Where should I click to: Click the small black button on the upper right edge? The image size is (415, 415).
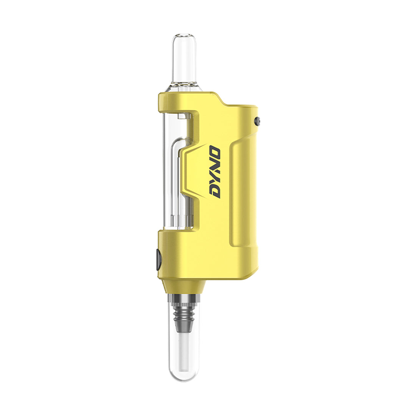(257, 121)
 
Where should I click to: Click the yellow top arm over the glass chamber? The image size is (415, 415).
(181, 102)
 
